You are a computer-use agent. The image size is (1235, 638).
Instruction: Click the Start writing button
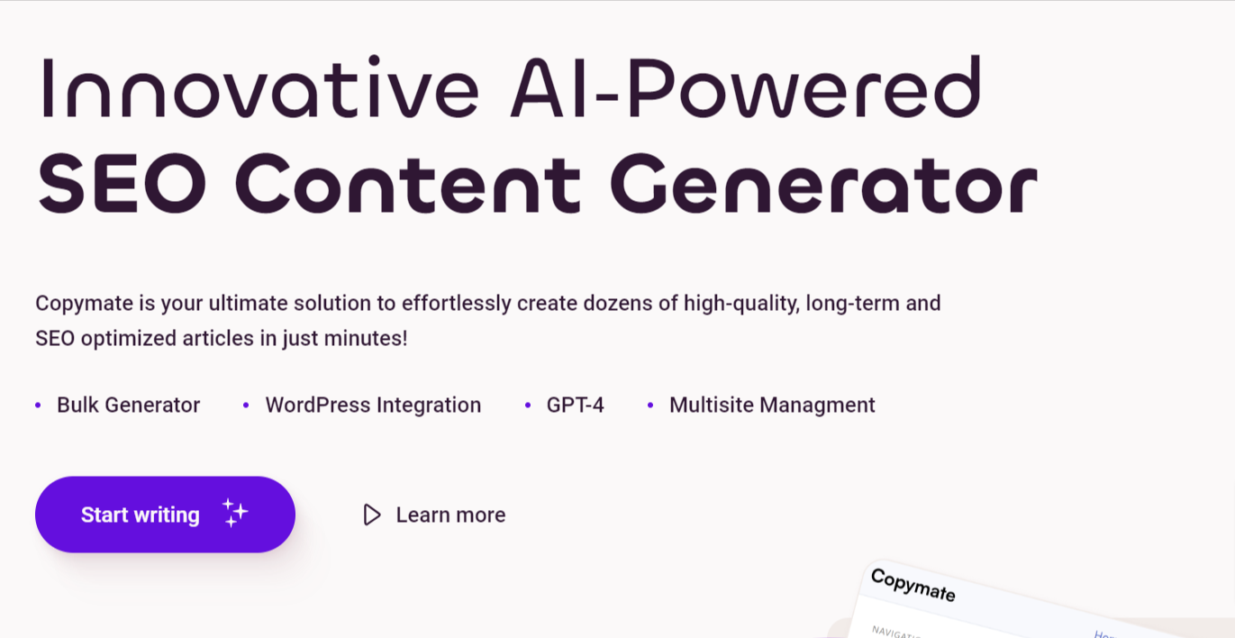coord(165,515)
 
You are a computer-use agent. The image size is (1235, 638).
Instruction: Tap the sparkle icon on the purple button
coord(235,513)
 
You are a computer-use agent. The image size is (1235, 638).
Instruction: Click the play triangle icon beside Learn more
coord(372,515)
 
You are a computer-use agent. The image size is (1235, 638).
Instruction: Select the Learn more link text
coord(450,515)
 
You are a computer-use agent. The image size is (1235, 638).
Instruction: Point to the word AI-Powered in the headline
coord(746,87)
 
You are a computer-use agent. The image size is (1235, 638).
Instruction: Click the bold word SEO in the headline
coord(123,184)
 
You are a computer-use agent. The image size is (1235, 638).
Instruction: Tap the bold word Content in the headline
coord(408,184)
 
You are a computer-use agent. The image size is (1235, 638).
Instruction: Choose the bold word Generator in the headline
coord(823,184)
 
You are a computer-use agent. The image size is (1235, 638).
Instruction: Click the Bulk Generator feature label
coord(129,406)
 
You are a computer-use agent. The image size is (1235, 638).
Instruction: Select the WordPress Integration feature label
coord(373,406)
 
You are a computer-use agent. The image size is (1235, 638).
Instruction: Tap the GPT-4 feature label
coord(575,406)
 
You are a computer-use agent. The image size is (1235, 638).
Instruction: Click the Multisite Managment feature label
coord(772,406)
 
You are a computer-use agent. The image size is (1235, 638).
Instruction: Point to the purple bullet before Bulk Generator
coord(38,406)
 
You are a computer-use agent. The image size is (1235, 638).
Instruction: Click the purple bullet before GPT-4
coord(528,406)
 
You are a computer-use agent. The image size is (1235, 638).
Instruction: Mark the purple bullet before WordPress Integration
coord(246,406)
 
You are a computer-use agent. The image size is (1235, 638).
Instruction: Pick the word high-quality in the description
coord(741,304)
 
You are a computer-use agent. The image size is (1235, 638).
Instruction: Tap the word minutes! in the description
coord(366,338)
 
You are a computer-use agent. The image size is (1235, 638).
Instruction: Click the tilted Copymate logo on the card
coord(913,585)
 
